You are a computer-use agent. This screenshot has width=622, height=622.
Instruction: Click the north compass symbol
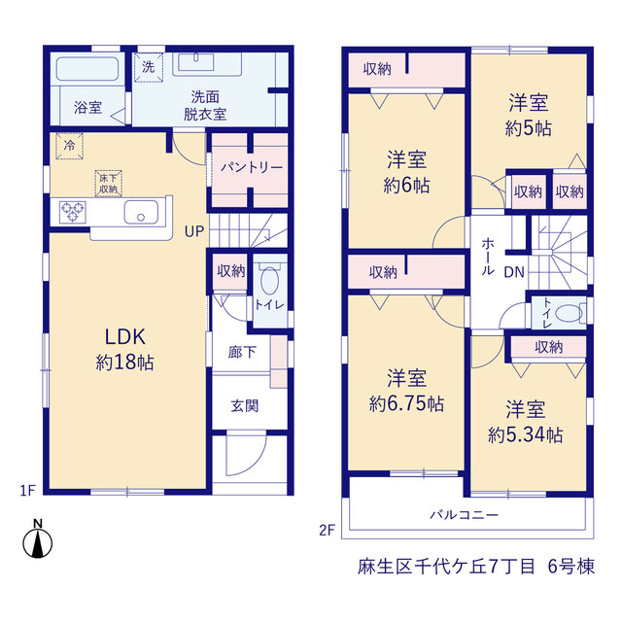[38, 539]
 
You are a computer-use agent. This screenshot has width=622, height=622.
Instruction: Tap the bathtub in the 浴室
[87, 69]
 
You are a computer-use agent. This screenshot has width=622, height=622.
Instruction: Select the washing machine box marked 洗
[149, 67]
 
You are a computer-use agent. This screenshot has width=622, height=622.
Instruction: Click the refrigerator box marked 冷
[69, 146]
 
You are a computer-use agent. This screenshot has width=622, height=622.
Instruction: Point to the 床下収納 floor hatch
[108, 184]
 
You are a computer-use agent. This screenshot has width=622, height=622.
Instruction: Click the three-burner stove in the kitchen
[72, 212]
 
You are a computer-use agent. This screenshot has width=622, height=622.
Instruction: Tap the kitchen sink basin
[141, 212]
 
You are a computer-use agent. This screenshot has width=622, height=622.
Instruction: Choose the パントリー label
[252, 168]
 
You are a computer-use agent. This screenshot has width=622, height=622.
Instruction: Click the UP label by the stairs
[194, 231]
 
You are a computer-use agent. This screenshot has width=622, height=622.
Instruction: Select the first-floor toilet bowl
[270, 280]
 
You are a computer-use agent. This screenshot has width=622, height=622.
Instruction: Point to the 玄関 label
[244, 406]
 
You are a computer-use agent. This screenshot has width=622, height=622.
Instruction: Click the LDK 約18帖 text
[125, 349]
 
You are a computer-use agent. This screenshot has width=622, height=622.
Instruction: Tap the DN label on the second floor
[514, 272]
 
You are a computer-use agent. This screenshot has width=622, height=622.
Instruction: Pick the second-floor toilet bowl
[569, 313]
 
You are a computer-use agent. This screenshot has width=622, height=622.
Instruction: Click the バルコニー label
[465, 515]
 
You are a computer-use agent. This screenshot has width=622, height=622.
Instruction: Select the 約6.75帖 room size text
[406, 404]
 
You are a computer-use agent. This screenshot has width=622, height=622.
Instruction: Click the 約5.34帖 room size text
[525, 435]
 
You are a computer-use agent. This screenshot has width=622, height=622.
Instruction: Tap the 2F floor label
[328, 530]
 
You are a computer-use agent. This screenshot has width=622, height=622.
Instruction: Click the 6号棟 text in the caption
[571, 566]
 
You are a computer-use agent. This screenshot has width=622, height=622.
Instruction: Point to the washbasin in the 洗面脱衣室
[196, 62]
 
